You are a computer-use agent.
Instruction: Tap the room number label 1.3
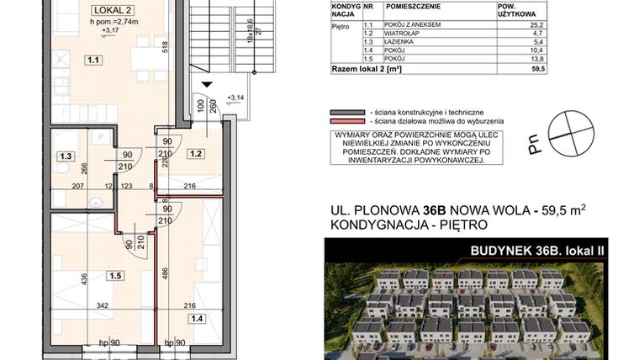(x=64, y=155)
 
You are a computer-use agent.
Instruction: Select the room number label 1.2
(x=196, y=154)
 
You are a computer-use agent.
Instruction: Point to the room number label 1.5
(x=114, y=274)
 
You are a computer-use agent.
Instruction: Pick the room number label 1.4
(x=197, y=317)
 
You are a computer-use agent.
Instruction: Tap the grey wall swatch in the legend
(x=346, y=112)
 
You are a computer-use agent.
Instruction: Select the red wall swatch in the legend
(x=346, y=122)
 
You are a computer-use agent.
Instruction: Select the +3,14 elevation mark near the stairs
(x=236, y=98)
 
